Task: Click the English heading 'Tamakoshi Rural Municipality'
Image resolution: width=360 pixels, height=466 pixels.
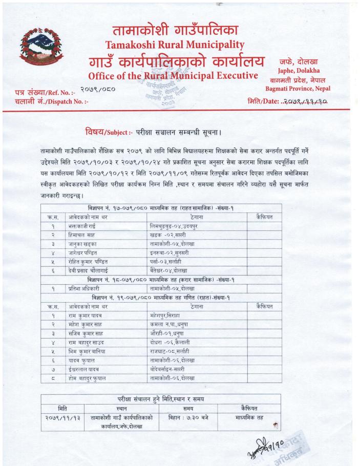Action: tap(174, 46)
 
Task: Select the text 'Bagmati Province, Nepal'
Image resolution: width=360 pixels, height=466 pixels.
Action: tap(298, 88)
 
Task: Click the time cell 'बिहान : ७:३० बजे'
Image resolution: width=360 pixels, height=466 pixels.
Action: tap(188, 418)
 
